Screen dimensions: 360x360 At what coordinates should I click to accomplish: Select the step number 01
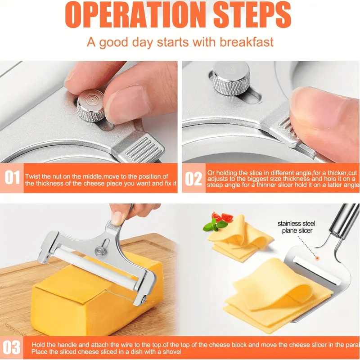(x=12, y=178)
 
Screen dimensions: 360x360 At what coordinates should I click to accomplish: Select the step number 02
(x=193, y=178)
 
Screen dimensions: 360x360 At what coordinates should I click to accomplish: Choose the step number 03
(x=12, y=347)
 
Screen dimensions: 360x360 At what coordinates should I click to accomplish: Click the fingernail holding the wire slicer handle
(x=118, y=218)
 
